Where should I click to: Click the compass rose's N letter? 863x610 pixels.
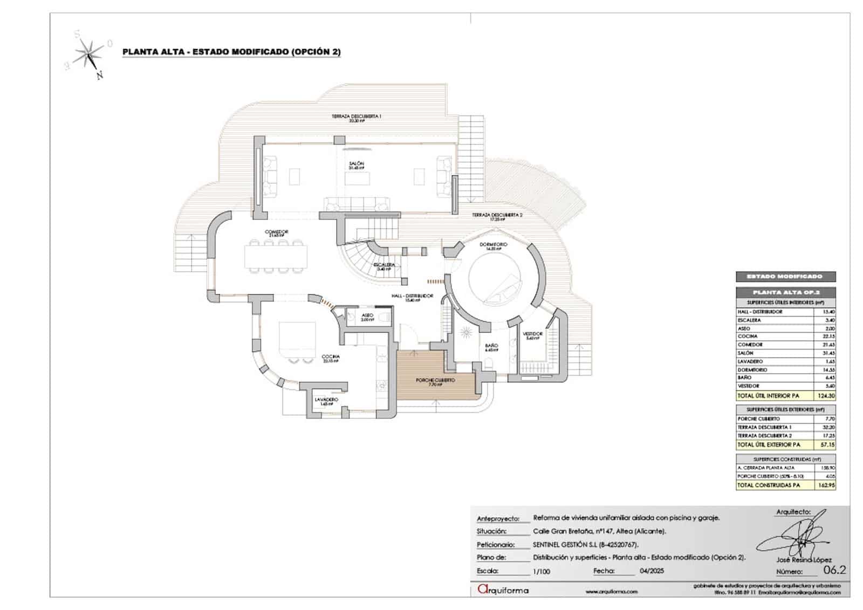point(99,76)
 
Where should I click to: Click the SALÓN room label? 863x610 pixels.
point(356,163)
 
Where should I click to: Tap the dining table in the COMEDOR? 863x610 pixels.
point(276,256)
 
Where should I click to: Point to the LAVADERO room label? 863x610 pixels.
point(326,400)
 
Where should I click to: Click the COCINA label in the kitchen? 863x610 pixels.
point(331,357)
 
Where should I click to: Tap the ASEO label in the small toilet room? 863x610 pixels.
point(367,316)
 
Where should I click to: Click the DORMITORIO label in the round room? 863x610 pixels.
point(494,245)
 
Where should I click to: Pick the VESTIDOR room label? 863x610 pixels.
point(532,334)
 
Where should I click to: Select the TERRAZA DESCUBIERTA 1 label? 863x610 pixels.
point(357,116)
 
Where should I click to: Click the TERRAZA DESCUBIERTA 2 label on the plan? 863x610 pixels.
point(497,215)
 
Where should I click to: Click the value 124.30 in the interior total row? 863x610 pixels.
point(826,396)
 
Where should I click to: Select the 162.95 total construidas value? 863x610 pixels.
point(826,485)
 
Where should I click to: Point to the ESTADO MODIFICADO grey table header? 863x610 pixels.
point(785,277)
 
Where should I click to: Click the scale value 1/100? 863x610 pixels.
point(541,571)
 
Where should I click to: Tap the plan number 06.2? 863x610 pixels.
point(834,570)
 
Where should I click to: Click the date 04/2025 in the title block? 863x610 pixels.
point(652,571)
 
